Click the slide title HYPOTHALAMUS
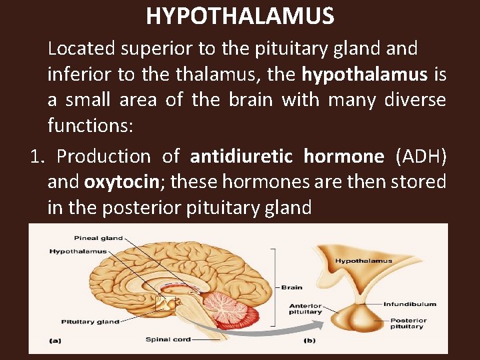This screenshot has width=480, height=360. pos(240,15)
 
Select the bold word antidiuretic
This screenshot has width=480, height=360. pos(241,157)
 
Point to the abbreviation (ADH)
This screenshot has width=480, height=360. pos(421,157)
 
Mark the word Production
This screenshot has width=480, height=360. pos(104,157)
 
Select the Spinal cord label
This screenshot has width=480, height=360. pos(168,339)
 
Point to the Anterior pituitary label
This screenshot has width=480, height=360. pos(305,309)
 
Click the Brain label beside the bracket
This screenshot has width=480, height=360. pos(292,287)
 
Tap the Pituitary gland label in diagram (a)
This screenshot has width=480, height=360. pos(90,322)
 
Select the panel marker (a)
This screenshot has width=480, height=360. pos(56,340)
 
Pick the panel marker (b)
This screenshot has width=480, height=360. pos(309,340)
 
